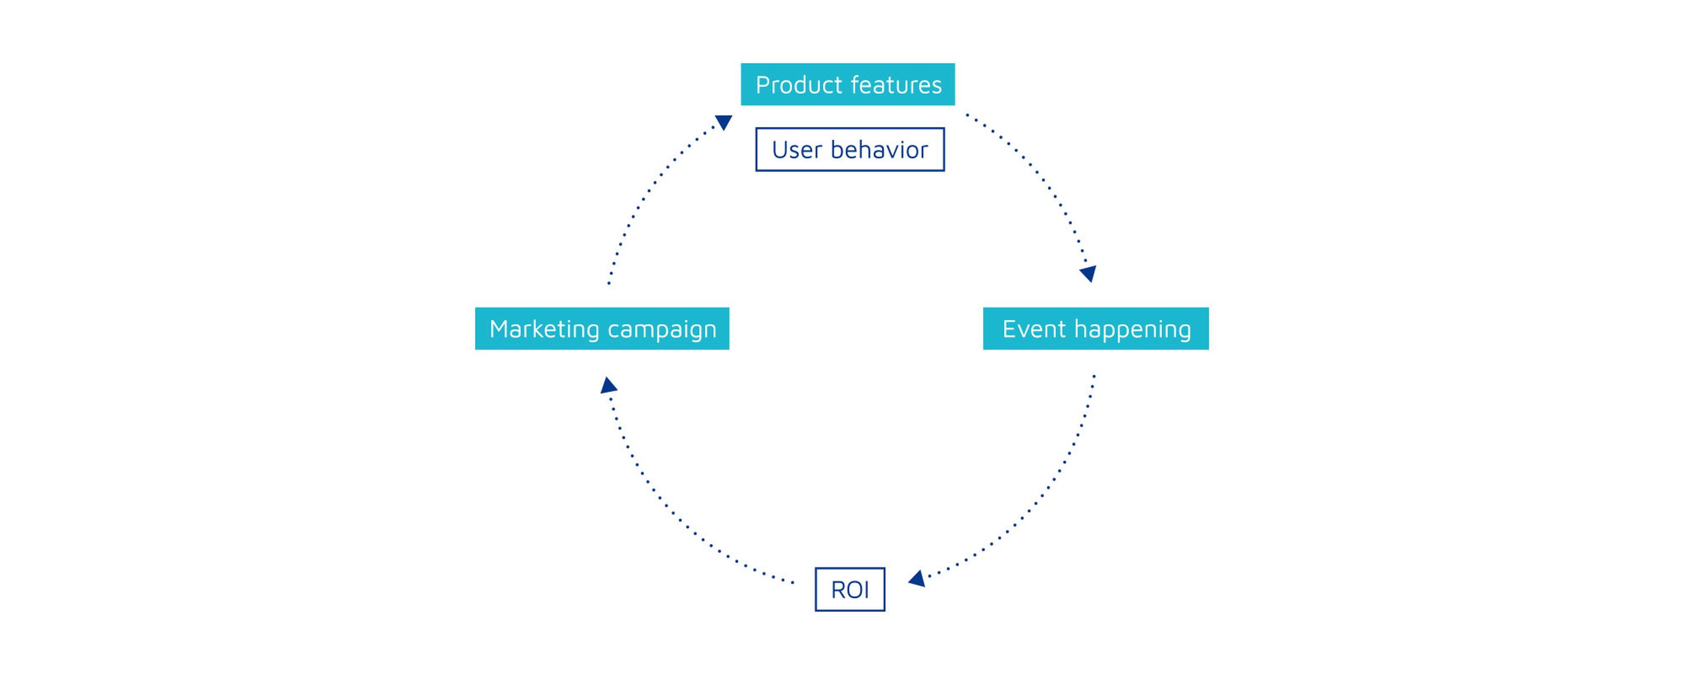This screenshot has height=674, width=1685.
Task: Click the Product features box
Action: click(x=848, y=84)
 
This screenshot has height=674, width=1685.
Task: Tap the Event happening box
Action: click(x=1096, y=328)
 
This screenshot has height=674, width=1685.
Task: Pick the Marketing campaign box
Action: click(x=602, y=328)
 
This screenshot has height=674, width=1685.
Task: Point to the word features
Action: click(x=896, y=85)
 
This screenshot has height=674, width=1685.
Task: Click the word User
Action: click(x=797, y=150)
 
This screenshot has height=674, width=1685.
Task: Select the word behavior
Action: click(x=879, y=150)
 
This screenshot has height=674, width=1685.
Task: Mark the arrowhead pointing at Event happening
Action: click(x=1088, y=274)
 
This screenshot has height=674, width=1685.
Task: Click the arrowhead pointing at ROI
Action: click(x=917, y=579)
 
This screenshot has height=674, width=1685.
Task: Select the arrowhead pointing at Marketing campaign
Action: click(x=608, y=386)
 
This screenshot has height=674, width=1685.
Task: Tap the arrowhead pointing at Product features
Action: click(x=724, y=122)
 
